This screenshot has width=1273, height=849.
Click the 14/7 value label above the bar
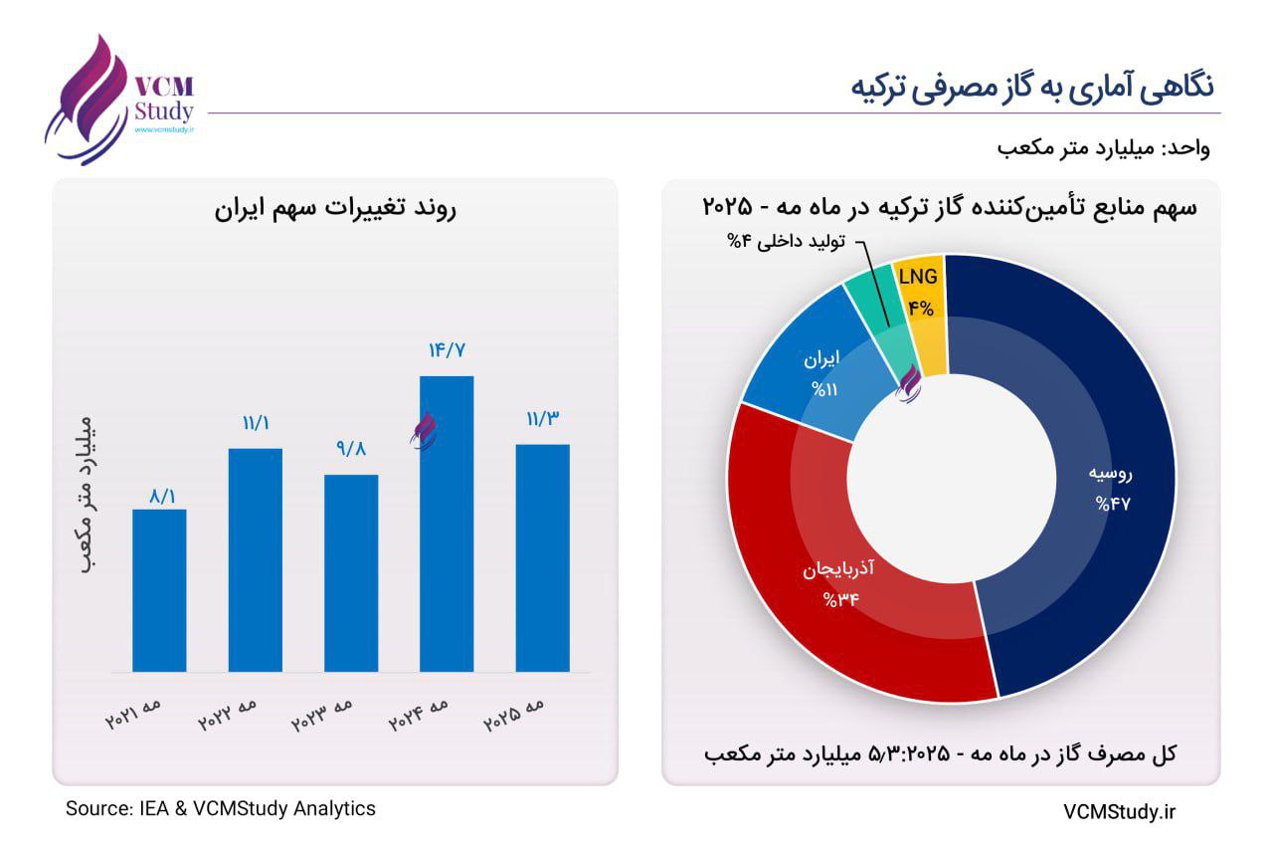coord(447,350)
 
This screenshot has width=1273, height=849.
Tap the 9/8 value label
coord(351,450)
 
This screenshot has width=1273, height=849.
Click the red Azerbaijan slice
coord(845,587)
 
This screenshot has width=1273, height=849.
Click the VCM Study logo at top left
coord(119,100)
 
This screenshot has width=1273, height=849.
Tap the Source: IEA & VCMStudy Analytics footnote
coord(221,808)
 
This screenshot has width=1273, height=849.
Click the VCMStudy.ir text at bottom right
coord(1119,812)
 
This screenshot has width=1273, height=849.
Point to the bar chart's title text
coord(335,210)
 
